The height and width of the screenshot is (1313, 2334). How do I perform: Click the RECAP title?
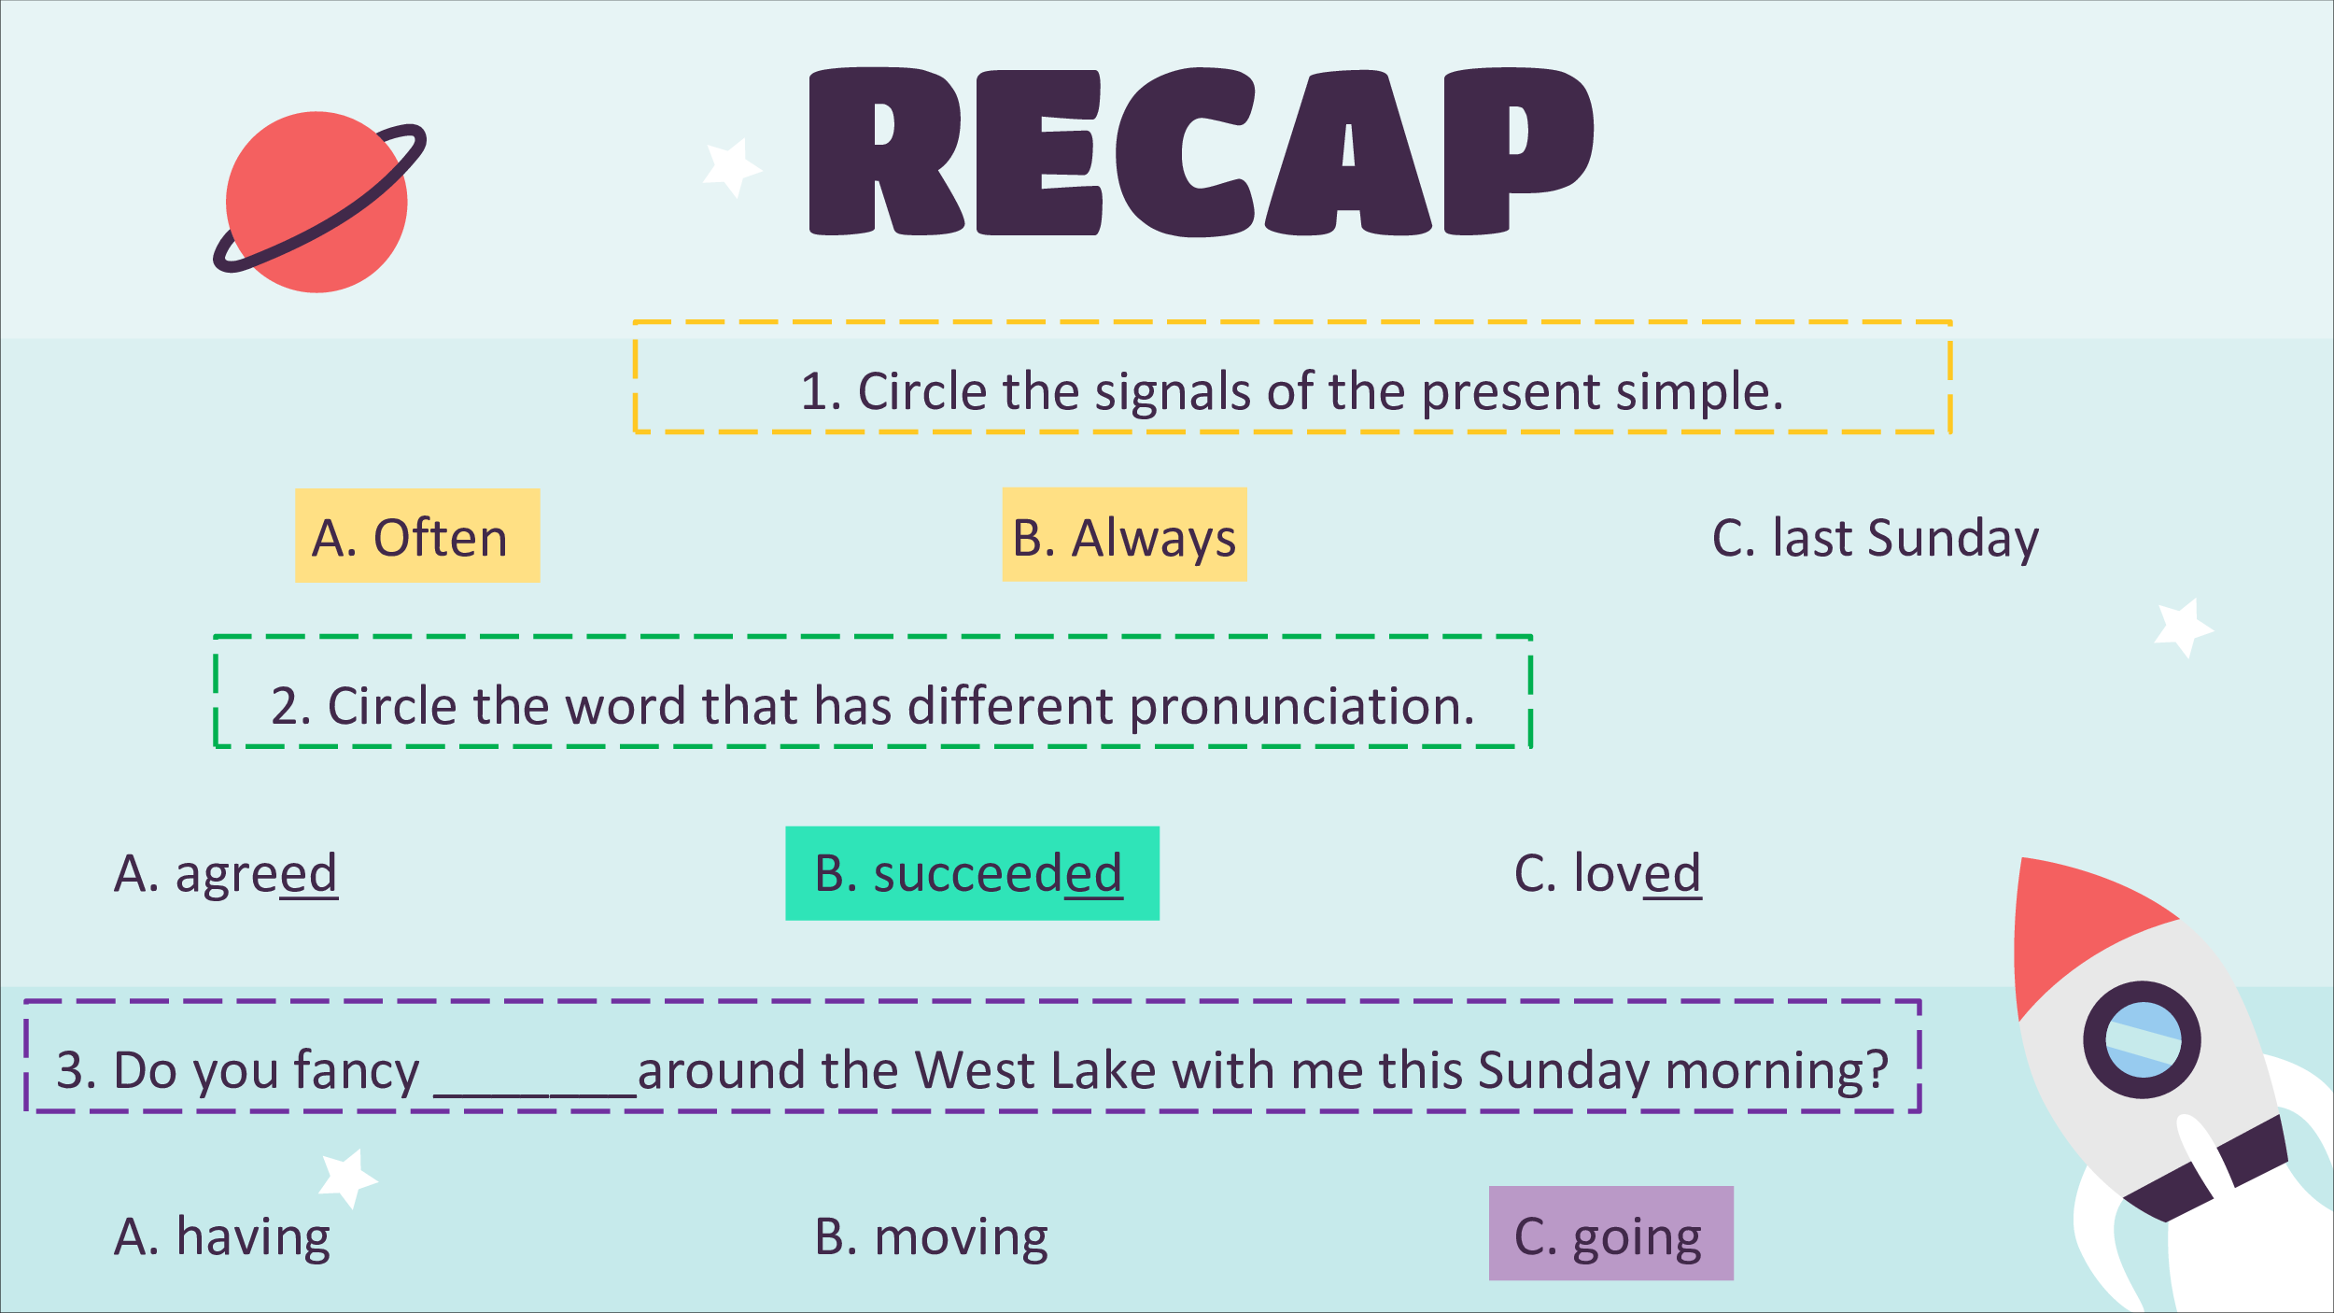coord(1202,152)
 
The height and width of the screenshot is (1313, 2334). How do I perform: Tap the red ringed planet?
coord(317,202)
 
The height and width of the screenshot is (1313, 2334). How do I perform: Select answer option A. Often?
coord(417,536)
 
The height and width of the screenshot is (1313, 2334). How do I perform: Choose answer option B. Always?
coord(1124,535)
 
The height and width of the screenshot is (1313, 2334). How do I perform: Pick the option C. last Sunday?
coord(1875,539)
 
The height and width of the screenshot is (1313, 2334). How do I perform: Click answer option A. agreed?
coord(225,874)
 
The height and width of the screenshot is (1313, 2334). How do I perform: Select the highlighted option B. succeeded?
coord(972,873)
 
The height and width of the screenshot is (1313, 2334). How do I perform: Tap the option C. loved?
coord(1607,874)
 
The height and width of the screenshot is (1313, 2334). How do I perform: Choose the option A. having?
coord(222,1237)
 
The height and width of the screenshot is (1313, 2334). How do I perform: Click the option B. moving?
coord(931,1237)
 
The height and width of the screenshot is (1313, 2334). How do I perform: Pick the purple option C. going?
coord(1610,1233)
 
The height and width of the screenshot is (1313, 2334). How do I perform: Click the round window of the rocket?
coord(2143,1039)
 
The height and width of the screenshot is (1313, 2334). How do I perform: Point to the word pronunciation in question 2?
coord(1302,707)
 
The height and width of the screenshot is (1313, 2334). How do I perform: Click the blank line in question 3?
coord(534,1093)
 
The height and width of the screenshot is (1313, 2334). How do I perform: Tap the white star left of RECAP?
coord(732,168)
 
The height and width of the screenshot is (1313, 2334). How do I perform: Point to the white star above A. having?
coord(347,1179)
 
